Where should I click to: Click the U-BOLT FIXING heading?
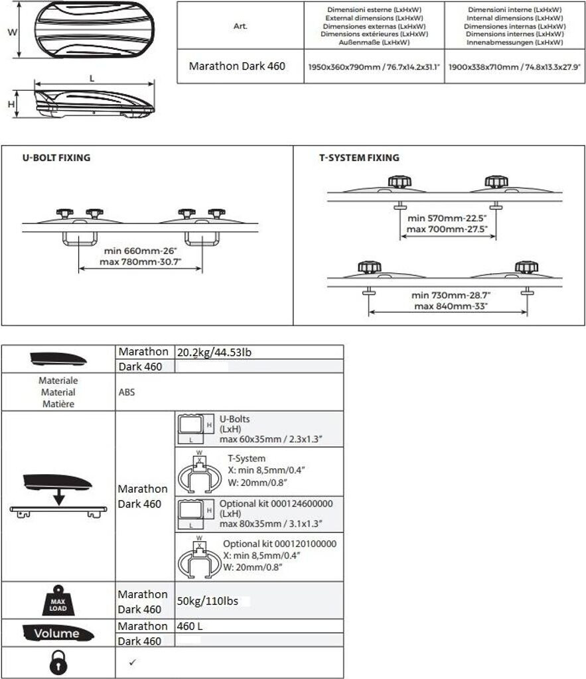click(56, 158)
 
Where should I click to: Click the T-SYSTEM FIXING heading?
click(359, 158)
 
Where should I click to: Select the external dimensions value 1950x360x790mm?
click(374, 67)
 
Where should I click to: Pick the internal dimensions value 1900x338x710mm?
click(514, 67)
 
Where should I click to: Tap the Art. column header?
click(240, 26)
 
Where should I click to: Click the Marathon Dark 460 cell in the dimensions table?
click(237, 66)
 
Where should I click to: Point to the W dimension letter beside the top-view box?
click(11, 31)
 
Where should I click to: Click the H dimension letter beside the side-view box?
click(11, 103)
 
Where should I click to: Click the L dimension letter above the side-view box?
click(92, 78)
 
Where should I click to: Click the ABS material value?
click(126, 392)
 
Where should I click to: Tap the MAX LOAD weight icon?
click(58, 601)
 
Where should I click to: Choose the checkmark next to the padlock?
click(131, 662)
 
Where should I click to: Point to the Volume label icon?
click(57, 633)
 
